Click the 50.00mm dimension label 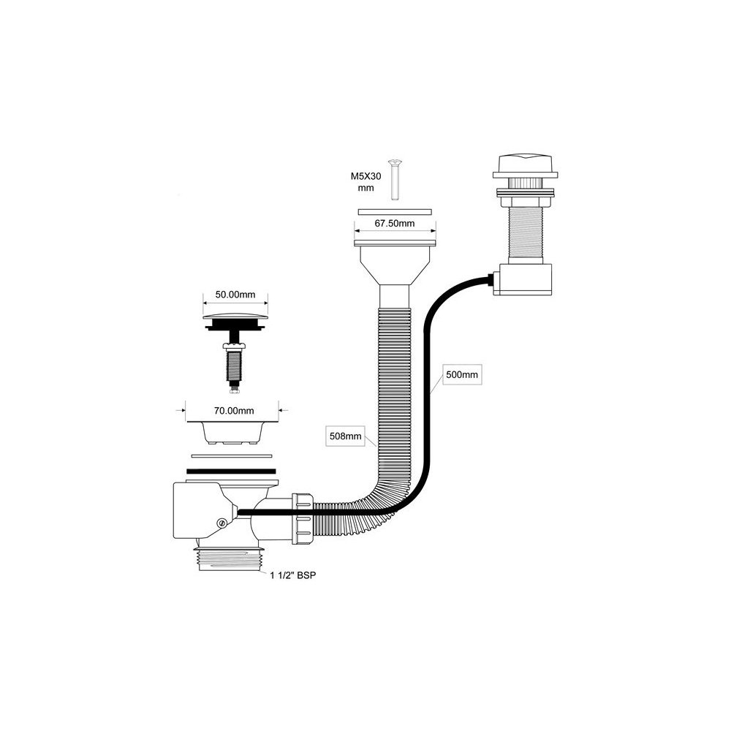235,295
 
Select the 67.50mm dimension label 395,223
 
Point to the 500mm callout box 461,375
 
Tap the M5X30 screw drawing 395,179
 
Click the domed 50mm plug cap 234,319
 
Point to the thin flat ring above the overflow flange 395,210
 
